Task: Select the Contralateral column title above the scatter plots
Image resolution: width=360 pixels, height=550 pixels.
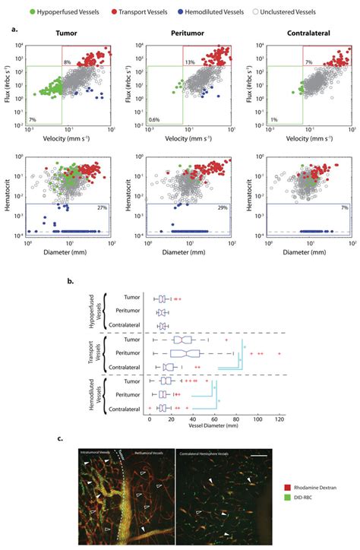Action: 308,33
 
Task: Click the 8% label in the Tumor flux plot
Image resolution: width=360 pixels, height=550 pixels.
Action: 67,61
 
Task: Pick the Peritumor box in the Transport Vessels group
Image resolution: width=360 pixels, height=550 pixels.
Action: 185,353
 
